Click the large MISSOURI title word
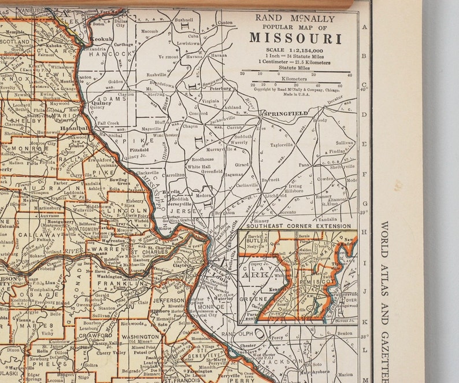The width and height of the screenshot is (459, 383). coord(295,39)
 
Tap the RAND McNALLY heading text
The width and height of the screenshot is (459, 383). coord(295,17)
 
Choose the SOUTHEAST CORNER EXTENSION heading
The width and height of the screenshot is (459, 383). coord(298,226)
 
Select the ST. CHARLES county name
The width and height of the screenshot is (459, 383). coord(149,252)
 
